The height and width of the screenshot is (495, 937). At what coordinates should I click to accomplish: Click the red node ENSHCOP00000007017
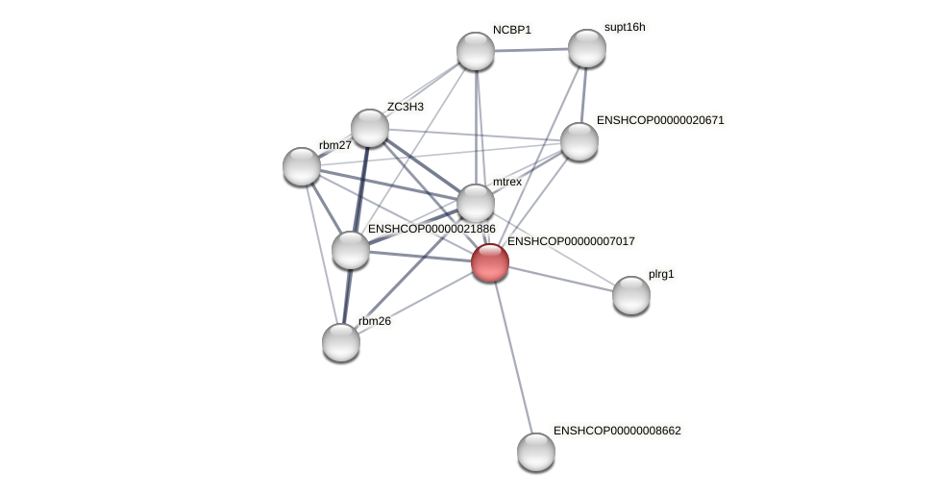click(x=490, y=262)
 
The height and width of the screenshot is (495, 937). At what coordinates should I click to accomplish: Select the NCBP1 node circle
click(x=476, y=51)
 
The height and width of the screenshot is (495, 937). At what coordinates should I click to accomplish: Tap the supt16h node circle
click(x=587, y=48)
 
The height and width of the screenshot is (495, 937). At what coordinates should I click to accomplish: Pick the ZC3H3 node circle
click(x=370, y=128)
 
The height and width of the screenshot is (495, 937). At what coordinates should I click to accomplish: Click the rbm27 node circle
click(x=302, y=166)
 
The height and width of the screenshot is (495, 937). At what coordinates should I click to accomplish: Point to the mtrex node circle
click(x=476, y=203)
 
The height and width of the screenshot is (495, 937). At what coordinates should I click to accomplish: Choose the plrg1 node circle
click(x=631, y=295)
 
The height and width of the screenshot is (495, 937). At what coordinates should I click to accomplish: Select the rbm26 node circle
click(x=341, y=342)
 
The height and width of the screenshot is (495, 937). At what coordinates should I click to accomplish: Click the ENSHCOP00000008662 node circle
click(x=536, y=452)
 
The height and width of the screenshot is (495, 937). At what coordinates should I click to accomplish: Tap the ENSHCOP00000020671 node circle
click(x=579, y=141)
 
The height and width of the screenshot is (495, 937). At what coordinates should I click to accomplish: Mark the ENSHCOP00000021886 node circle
click(x=351, y=250)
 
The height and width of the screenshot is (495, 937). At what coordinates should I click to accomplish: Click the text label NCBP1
click(x=512, y=30)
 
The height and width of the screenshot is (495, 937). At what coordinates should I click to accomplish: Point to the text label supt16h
click(x=625, y=27)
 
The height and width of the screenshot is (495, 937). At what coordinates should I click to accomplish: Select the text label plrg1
click(x=661, y=274)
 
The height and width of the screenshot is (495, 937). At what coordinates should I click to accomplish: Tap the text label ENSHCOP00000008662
click(x=617, y=431)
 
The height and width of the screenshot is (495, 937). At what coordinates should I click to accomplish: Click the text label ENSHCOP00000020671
click(x=660, y=120)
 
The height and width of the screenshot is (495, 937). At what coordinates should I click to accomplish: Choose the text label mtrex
click(x=507, y=182)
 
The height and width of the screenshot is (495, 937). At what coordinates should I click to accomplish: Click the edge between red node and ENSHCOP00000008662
click(x=513, y=357)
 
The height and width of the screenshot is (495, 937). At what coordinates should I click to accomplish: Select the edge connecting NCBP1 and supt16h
click(x=531, y=49)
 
